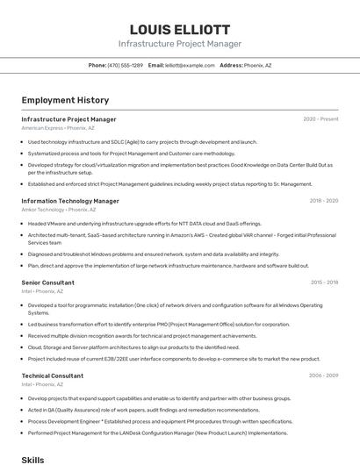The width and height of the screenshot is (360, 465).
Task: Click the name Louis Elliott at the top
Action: coord(180,29)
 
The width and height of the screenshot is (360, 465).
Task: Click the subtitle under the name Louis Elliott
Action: coord(180,44)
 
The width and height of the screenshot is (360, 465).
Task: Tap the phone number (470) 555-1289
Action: coord(126,65)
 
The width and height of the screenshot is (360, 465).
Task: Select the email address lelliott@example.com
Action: coord(190,65)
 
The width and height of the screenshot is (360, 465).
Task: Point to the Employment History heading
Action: coord(65,100)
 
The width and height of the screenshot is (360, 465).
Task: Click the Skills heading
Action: coord(32,459)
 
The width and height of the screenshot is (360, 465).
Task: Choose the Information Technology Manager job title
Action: coord(70,201)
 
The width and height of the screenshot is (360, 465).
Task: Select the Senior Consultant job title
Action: coord(47,283)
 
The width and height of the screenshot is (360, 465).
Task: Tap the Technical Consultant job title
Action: coord(53,375)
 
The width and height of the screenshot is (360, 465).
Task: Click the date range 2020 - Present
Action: coord(320,119)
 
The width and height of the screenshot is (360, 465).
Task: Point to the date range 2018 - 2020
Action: coord(323,201)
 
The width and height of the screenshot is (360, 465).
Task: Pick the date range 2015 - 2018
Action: coord(324,283)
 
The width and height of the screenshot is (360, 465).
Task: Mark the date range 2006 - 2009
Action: coord(323,375)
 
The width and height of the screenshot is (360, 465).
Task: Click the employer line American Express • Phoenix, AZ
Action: coord(58,128)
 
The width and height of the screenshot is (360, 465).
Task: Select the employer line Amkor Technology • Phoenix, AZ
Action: coord(59,210)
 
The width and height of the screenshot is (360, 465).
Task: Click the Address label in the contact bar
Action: coord(231,65)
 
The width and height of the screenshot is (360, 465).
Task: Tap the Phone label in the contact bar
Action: coord(97,65)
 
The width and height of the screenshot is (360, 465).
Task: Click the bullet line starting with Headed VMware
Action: coord(145,223)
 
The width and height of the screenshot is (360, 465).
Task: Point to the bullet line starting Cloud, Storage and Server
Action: coord(133,347)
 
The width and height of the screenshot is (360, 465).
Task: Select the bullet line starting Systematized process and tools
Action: coord(132,153)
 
